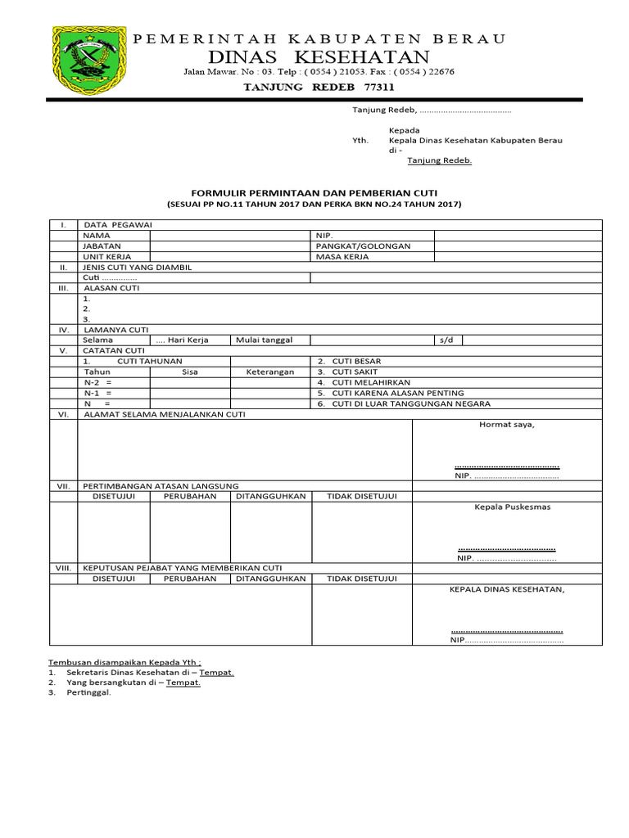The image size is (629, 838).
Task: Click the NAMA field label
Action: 97,235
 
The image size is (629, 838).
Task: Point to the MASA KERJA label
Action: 342,256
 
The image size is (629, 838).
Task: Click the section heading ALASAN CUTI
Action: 111,288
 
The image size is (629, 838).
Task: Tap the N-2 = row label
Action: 97,382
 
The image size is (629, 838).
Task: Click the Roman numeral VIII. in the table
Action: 63,567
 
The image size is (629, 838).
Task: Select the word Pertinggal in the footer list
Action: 88,692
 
